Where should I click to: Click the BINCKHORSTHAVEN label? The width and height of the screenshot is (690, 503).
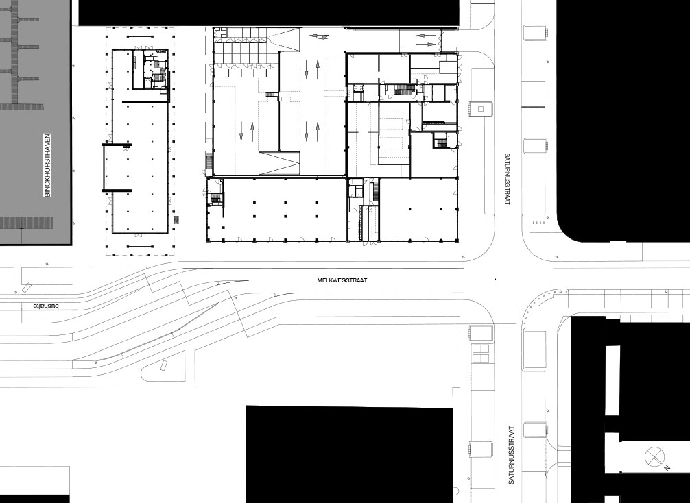coord(47,165)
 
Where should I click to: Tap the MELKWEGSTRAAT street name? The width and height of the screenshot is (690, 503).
coord(342,280)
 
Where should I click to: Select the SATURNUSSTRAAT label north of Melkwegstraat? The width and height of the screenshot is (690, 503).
coord(507,179)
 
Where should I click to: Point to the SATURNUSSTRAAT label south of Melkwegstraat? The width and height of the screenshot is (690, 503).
coord(511,454)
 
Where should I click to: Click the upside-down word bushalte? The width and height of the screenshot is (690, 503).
coord(46,306)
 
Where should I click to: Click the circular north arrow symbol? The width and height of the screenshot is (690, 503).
coord(654,456)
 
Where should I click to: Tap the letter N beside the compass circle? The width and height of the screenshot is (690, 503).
coord(667,468)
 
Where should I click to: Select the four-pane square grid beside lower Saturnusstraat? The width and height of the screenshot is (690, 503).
coord(481,354)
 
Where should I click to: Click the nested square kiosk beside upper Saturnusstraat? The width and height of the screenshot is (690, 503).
coord(481,108)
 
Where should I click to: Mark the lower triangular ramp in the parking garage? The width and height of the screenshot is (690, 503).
coord(279,162)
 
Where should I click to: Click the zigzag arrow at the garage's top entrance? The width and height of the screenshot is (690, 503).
coord(320,36)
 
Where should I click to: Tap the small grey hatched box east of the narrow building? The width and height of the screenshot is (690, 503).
coord(177,219)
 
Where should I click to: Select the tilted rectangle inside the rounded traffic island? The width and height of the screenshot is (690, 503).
coord(165,366)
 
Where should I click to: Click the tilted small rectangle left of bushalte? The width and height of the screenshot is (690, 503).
coord(27,288)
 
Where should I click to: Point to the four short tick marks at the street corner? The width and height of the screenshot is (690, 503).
coord(538,223)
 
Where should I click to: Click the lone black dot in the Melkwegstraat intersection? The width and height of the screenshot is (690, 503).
coord(495,279)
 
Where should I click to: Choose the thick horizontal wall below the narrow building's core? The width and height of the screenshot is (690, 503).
coord(145,102)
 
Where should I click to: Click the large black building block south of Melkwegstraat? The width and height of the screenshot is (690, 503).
coord(349,454)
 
